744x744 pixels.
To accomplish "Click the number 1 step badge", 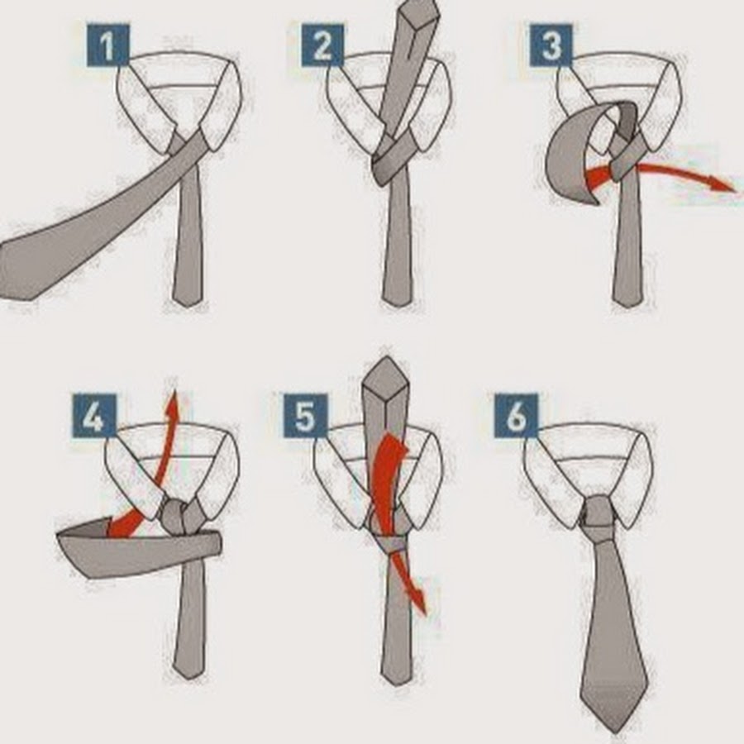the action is [x=107, y=45].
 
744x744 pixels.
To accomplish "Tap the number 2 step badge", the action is [x=322, y=45].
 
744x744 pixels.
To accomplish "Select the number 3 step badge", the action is [x=551, y=45].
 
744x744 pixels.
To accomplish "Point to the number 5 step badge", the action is [x=305, y=416].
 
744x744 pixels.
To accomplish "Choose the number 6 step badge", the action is [x=516, y=416].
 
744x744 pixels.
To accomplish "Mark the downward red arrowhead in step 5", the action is [x=419, y=603].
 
